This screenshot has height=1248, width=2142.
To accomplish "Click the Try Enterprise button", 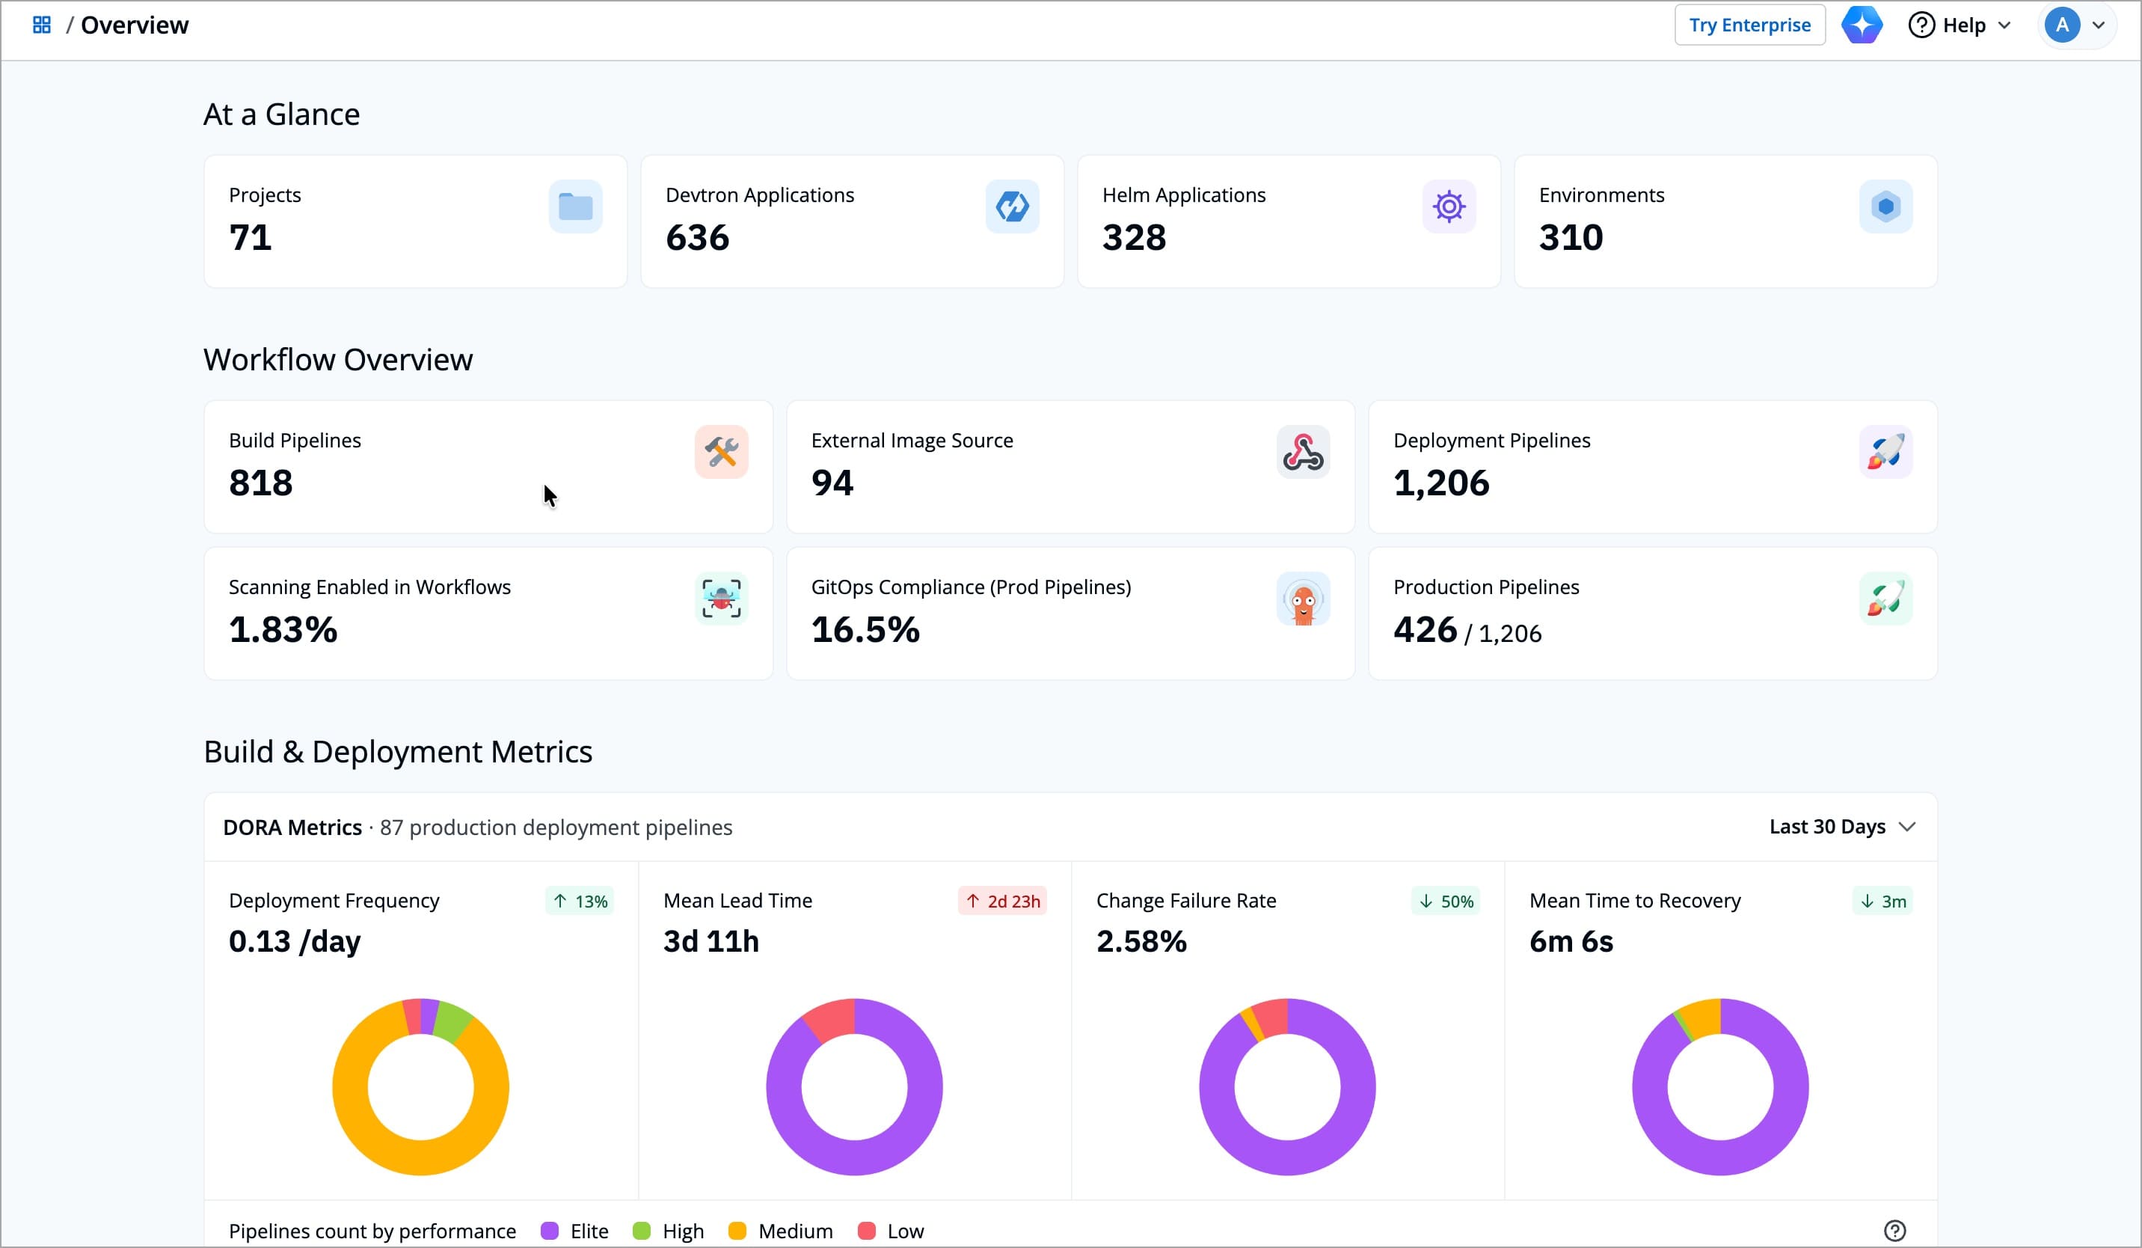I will [1749, 25].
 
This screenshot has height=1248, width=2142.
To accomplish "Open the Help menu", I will [1960, 25].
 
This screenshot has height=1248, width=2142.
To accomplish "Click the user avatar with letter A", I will [2061, 25].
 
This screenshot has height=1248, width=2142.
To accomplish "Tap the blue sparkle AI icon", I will [1862, 25].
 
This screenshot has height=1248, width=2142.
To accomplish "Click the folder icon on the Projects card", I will [575, 207].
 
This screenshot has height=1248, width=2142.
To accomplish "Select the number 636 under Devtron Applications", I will [697, 238].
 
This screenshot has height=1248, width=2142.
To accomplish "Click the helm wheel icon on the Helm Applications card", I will [1449, 207].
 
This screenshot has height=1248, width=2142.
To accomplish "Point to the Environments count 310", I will [1571, 238].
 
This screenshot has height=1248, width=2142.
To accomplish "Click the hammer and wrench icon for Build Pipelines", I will [721, 452].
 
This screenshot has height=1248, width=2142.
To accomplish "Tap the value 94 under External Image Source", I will [832, 483].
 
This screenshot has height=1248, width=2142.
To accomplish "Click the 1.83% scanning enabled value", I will [283, 630].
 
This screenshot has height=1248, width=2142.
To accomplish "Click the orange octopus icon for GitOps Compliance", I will [1303, 599].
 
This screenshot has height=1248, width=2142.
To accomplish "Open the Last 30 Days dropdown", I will [1841, 828].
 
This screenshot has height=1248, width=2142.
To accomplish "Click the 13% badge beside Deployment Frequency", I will [580, 901].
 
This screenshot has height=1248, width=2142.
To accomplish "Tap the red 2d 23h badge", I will [1002, 901].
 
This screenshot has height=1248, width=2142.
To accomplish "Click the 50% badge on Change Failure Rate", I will [1446, 901].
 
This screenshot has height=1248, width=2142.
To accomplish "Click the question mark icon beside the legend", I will [1894, 1231].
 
